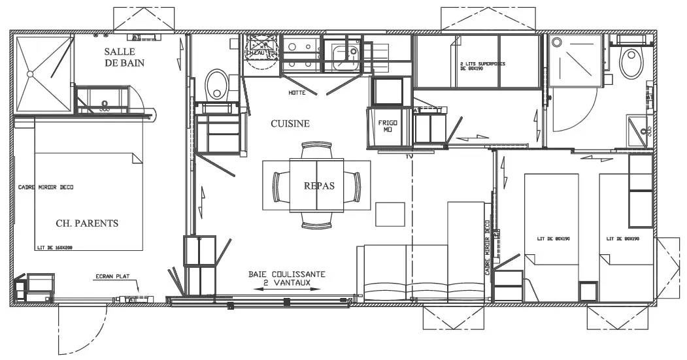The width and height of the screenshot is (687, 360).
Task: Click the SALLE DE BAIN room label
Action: coord(124,57)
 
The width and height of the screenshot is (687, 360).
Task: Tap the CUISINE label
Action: coord(290,123)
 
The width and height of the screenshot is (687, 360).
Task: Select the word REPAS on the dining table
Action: coord(318,186)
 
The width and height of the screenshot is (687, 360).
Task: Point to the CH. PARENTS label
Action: coord(87,223)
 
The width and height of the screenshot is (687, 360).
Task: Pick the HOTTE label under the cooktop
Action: coord(297,93)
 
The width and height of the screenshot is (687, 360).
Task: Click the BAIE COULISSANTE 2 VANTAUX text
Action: coord(287,278)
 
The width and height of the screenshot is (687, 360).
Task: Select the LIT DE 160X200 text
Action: coord(54,247)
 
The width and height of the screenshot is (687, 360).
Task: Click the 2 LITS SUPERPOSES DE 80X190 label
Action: coord(484,65)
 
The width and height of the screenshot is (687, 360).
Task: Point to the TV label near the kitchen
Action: coord(410,157)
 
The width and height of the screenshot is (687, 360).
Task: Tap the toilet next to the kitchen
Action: coord(216,84)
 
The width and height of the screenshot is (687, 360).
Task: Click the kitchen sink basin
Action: coord(344,57)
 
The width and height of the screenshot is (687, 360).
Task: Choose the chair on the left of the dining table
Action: coord(281,186)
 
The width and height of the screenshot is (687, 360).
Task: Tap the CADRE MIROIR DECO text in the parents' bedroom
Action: coord(46,187)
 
